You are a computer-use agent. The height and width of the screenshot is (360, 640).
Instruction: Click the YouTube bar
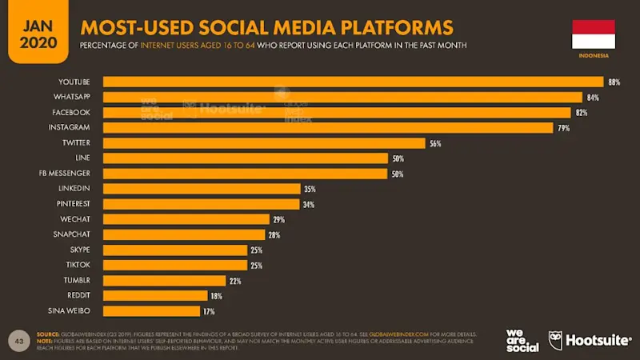[352, 82]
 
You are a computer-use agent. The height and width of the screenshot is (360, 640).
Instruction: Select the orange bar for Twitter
[264, 143]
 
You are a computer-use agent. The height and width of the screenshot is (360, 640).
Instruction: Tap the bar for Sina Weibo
[151, 310]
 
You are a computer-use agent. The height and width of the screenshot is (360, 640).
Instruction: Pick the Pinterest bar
[201, 204]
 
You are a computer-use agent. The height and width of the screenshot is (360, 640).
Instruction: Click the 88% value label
[614, 82]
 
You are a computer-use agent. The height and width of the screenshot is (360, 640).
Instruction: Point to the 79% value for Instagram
[563, 128]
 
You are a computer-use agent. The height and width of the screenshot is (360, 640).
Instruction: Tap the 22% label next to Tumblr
[234, 280]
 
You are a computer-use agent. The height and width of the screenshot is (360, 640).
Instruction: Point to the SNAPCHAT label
[72, 234]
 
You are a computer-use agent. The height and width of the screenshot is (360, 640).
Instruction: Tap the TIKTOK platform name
[78, 265]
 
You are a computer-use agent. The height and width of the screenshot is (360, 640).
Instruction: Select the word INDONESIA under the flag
[593, 56]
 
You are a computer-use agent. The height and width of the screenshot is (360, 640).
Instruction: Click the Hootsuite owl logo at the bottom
[556, 341]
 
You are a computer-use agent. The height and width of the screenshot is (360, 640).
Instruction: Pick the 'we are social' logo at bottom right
[522, 341]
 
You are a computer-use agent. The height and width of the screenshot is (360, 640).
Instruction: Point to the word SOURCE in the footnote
[48, 334]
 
